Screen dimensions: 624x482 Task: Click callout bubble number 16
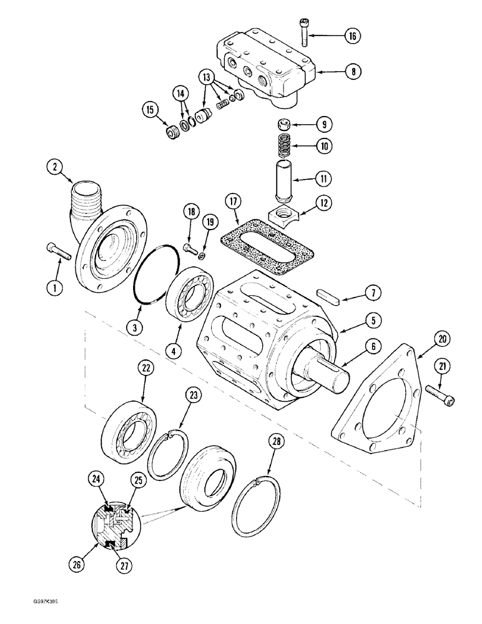pyautogui.click(x=352, y=36)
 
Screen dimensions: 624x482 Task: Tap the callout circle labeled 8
pyautogui.click(x=352, y=72)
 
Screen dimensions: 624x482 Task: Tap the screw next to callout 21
pyautogui.click(x=440, y=394)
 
